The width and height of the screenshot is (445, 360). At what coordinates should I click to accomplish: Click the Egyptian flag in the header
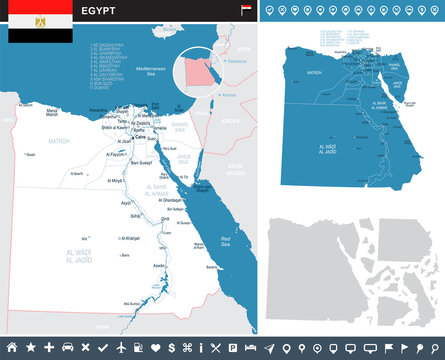39,21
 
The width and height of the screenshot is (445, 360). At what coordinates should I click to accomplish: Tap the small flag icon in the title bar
246,10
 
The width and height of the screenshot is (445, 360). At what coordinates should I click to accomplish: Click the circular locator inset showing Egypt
197,74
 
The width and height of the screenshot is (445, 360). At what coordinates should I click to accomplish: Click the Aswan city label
160,265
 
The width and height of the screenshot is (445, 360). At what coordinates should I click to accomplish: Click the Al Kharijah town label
131,238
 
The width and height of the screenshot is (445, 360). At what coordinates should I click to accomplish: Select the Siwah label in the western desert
31,154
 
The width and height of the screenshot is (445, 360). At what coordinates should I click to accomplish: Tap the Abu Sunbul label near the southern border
131,303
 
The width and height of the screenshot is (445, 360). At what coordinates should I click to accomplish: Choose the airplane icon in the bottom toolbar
120,347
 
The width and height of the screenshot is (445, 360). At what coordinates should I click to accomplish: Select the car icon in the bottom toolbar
67,347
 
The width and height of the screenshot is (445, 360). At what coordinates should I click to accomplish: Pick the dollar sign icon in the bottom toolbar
173,347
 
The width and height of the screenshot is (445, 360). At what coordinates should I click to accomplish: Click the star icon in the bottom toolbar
30,347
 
